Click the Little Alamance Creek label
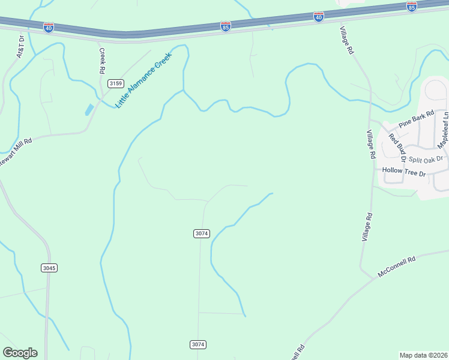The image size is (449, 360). pos(143,80)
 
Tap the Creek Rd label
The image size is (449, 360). pos(101,61)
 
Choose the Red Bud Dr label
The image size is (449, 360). pos(394,147)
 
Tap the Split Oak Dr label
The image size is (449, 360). pos(425,159)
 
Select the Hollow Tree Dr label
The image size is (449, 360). pos(403,173)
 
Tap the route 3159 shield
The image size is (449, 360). pos(115,83)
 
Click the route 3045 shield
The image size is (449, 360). pos(50,268)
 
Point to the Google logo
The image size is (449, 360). pos(20,353)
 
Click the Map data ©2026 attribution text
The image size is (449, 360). pos(424,355)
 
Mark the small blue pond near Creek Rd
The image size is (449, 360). pos(89,110)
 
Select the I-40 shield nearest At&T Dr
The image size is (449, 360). pos(49,28)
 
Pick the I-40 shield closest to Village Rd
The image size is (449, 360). pos(319,17)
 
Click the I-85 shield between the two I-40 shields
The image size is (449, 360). pos(225,26)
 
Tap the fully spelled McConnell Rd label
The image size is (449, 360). pos(397,268)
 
